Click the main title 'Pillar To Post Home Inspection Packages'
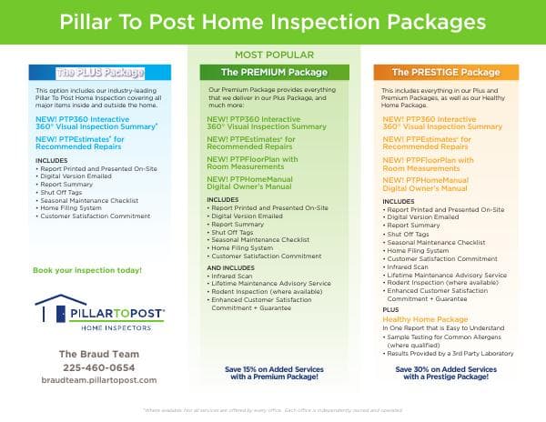point(273,21)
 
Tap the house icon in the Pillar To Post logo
point(48,312)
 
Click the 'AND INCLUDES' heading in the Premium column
point(231,268)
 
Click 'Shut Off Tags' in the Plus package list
point(66,192)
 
